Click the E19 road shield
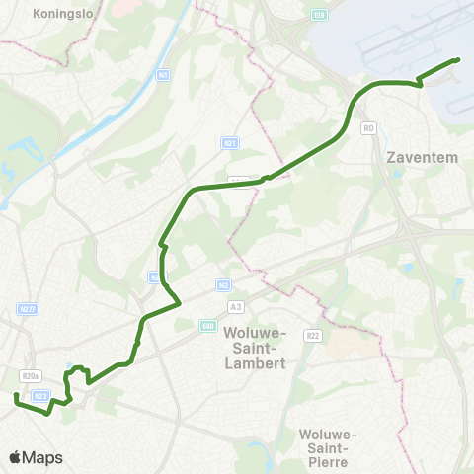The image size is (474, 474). click(x=318, y=15)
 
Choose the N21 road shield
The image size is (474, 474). click(x=230, y=143)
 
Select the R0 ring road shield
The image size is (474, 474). click(x=369, y=127)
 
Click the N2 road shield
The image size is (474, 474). click(x=224, y=284)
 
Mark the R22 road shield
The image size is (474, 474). click(x=311, y=336)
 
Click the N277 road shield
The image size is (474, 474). click(x=28, y=309)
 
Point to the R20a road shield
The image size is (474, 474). click(x=30, y=375)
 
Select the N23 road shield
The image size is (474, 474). click(x=40, y=395)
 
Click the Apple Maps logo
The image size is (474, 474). click(x=36, y=457)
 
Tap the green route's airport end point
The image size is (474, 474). click(x=458, y=60)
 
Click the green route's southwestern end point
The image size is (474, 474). click(x=16, y=397)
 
